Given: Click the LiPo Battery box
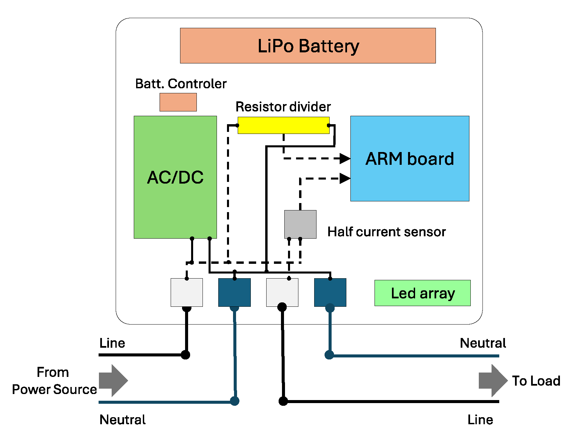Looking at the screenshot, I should pyautogui.click(x=308, y=46).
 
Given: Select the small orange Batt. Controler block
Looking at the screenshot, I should pyautogui.click(x=178, y=102).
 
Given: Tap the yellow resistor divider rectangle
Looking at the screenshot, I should pyautogui.click(x=283, y=125).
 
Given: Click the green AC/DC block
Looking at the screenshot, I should pyautogui.click(x=175, y=177).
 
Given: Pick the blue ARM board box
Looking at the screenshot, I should pyautogui.click(x=409, y=158).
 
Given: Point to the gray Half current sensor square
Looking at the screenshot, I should pyautogui.click(x=300, y=224).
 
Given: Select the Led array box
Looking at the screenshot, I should pyautogui.click(x=422, y=293).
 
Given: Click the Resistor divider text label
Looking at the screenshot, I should pyautogui.click(x=283, y=107).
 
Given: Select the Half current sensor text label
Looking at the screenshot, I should pyautogui.click(x=386, y=232).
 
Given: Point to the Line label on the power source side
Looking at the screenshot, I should pyautogui.click(x=112, y=343).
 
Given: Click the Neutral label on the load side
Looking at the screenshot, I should pyautogui.click(x=482, y=343).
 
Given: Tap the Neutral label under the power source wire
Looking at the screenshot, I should pyautogui.click(x=122, y=420).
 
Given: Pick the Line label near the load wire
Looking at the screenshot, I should pyautogui.click(x=480, y=420).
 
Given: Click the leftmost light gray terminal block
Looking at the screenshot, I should pyautogui.click(x=186, y=292).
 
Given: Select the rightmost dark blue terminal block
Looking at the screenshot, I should pyautogui.click(x=330, y=292).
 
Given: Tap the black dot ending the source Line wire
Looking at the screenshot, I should pyautogui.click(x=185, y=355).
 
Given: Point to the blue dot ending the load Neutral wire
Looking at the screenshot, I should pyautogui.click(x=329, y=355).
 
